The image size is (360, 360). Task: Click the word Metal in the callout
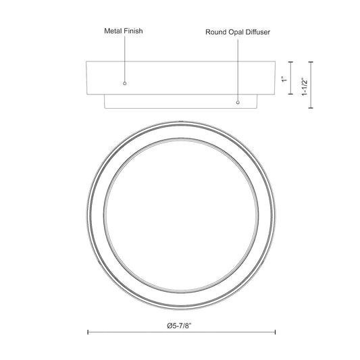113,31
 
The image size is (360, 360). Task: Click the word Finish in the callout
134,31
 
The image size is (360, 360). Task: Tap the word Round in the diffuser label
217,31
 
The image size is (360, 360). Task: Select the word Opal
240,31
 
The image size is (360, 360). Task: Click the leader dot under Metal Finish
124,83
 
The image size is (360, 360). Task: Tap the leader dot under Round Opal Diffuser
238,103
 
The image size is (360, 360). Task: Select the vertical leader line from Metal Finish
124,61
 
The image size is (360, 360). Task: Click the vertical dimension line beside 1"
291,78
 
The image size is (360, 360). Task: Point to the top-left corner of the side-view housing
86,62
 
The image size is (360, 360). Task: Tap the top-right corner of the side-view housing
275,62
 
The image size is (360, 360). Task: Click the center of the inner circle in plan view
181,214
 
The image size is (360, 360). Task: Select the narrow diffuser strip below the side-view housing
181,102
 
